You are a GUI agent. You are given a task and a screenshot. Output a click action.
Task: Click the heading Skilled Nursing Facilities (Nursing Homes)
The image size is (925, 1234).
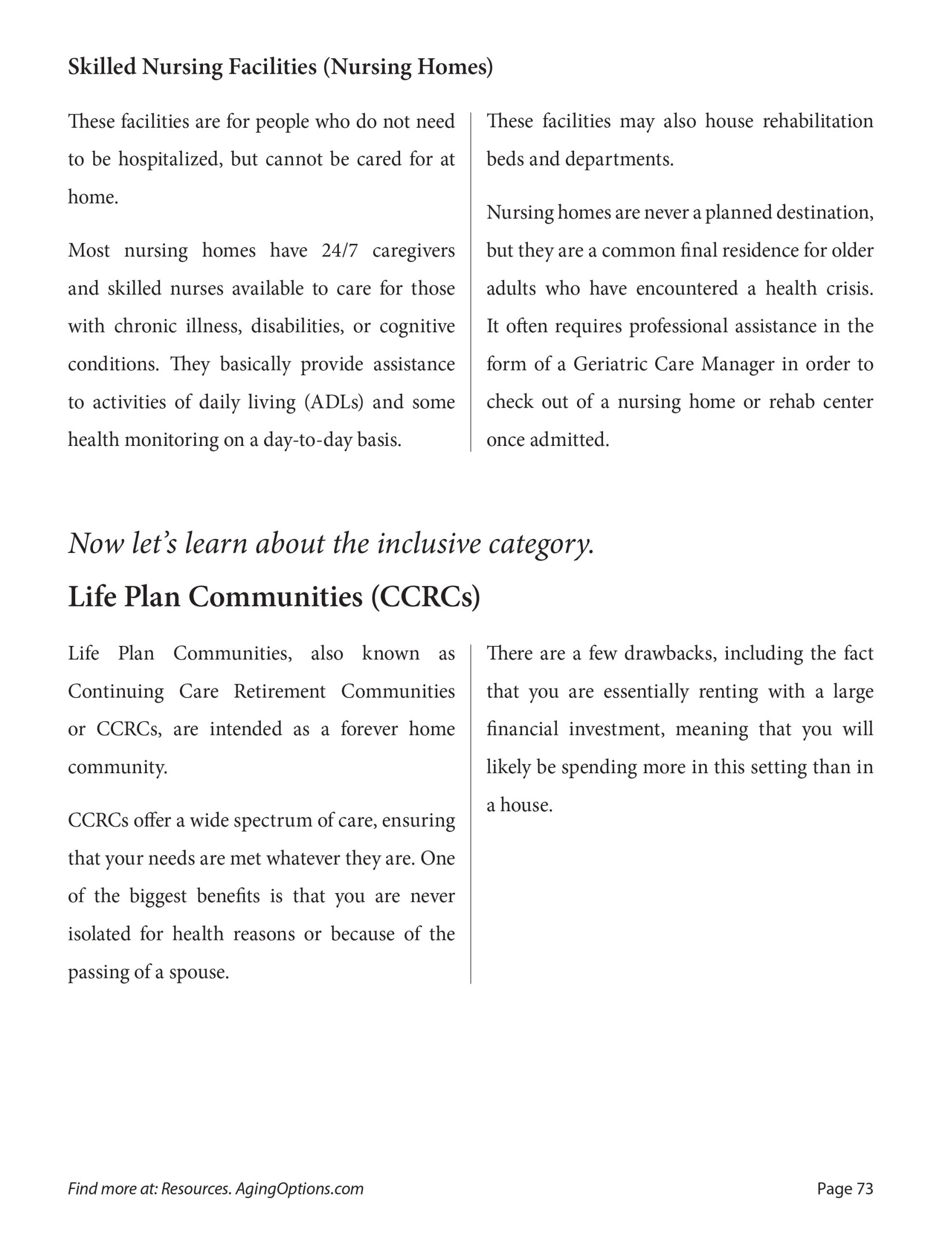pyautogui.click(x=280, y=67)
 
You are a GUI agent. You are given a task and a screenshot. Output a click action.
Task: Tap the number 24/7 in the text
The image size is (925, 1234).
pyautogui.click(x=339, y=251)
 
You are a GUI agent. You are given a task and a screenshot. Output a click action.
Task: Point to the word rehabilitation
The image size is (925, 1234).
pyautogui.click(x=818, y=121)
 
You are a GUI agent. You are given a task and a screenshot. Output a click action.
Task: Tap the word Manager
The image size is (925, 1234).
pyautogui.click(x=737, y=364)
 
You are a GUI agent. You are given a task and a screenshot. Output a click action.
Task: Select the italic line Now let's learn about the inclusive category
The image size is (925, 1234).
pyautogui.click(x=332, y=543)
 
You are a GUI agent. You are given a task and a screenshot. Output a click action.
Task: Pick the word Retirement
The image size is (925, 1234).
pyautogui.click(x=280, y=691)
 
